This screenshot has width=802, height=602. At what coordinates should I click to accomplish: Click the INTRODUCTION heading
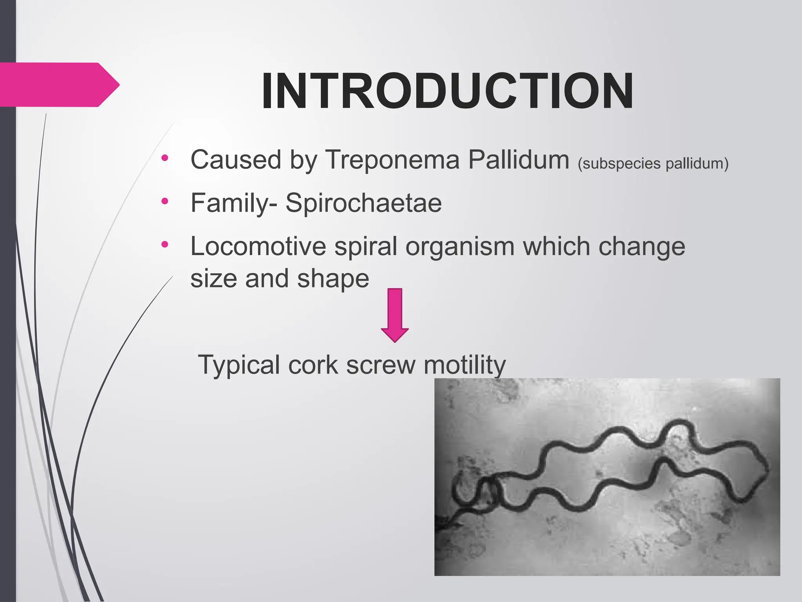click(x=447, y=91)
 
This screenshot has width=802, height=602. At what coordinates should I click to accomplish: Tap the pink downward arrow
click(x=395, y=315)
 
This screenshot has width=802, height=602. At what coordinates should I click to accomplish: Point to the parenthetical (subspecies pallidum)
click(x=653, y=163)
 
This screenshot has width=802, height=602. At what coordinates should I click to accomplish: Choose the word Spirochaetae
click(x=363, y=203)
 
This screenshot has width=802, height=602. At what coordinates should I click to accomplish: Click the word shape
click(x=333, y=279)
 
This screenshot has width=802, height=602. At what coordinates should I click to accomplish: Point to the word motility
click(x=464, y=364)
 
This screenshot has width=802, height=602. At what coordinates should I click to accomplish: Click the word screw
click(x=380, y=365)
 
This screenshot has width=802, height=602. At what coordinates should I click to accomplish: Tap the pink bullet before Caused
click(x=164, y=158)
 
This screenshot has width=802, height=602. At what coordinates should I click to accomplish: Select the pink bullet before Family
click(x=164, y=201)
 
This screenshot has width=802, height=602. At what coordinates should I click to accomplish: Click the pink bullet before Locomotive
click(x=164, y=245)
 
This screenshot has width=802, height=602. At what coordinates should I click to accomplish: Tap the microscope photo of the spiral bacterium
click(x=607, y=477)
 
